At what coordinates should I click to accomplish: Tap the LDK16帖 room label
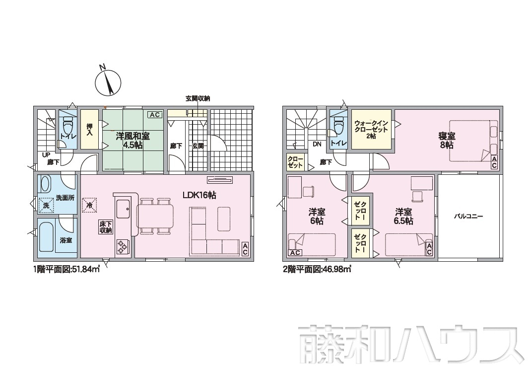click(199, 195)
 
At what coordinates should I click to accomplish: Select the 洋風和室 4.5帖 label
click(133, 141)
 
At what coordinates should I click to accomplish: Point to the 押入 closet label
click(89, 130)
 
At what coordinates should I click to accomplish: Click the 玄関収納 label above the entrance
click(198, 99)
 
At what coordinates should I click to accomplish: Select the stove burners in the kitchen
click(123, 246)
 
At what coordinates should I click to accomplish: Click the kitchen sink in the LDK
click(123, 210)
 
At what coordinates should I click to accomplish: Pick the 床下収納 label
click(106, 227)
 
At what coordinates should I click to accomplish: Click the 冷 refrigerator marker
click(89, 205)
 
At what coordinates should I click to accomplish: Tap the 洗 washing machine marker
click(46, 205)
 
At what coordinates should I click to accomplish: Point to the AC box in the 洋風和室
click(155, 115)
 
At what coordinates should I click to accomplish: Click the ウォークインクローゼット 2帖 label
click(371, 129)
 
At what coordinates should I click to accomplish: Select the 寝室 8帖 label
click(447, 141)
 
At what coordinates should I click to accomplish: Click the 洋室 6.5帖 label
click(403, 217)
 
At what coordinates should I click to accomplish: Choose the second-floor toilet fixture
click(338, 125)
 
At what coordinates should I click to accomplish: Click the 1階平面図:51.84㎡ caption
click(66, 270)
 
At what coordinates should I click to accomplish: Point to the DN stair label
click(317, 144)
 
